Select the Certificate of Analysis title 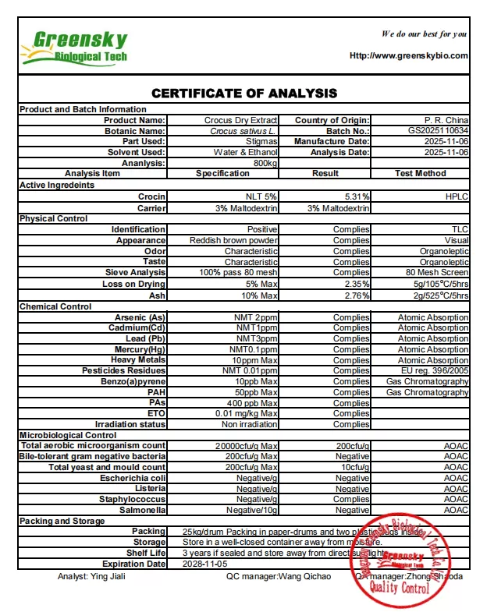click(x=244, y=94)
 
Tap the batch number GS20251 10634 click(x=438, y=131)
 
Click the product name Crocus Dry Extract click(x=240, y=120)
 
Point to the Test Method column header click(x=420, y=173)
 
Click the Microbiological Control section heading click(x=68, y=435)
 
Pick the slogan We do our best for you click(x=424, y=34)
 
